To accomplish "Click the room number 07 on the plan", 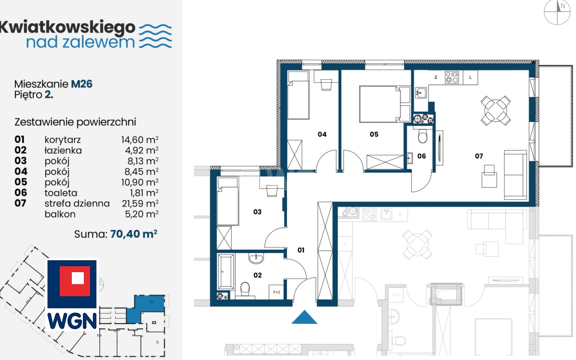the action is tap(479, 156).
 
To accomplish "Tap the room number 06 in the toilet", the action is tap(422, 156).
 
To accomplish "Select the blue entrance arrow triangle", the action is tap(305, 317).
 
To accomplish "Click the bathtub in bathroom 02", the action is tap(226, 271).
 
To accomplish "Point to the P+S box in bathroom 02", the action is tap(276, 292).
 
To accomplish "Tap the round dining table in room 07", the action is tap(495, 111).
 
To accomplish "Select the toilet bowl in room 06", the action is tap(423, 136).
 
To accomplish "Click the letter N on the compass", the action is tap(563, 6).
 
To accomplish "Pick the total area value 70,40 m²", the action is tap(134, 234).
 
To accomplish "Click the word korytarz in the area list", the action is tap(63, 140).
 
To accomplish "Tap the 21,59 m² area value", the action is tap(140, 203).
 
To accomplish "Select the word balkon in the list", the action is tap(60, 214).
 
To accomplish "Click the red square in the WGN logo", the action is tap(75, 281).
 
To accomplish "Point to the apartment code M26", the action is tap(81, 84).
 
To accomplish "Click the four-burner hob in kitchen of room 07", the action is tap(452, 77).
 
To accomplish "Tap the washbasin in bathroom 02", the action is tap(256, 258).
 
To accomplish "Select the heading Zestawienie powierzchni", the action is tap(75, 122).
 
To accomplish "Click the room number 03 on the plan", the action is tap(257, 212).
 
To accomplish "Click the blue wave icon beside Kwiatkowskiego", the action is tap(155, 36).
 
